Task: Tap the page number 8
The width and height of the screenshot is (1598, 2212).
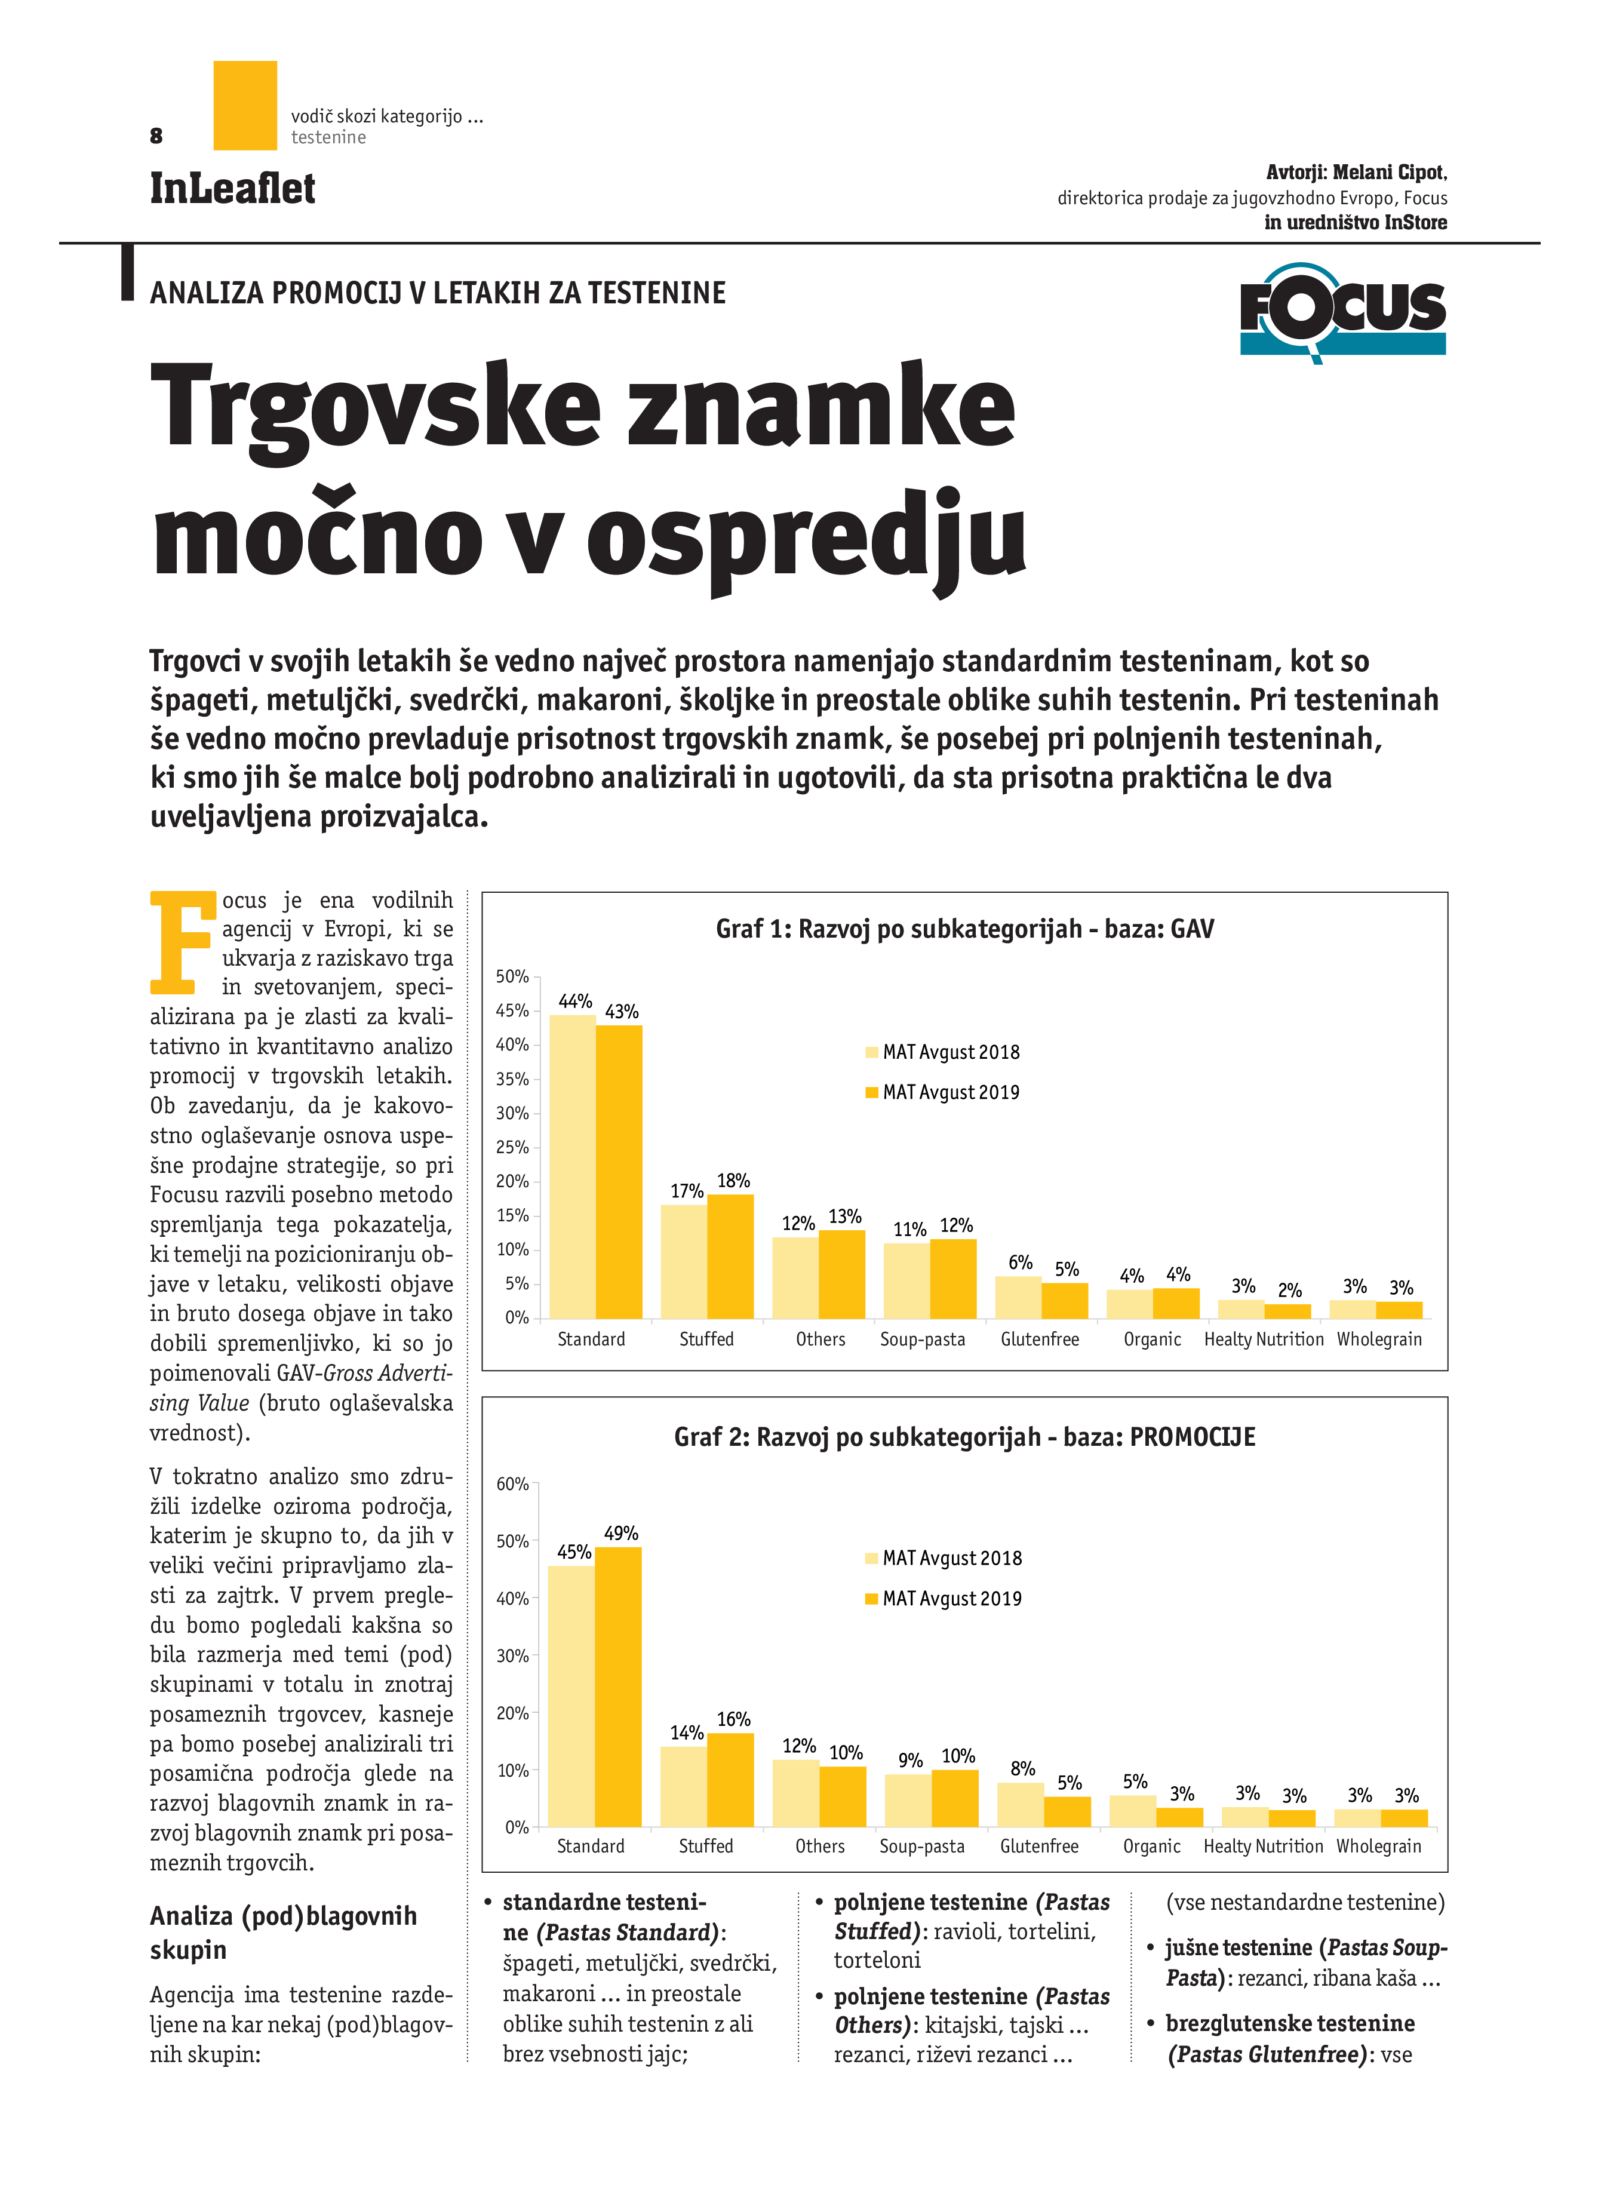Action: (x=156, y=136)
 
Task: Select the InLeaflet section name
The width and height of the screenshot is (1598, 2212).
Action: (x=232, y=188)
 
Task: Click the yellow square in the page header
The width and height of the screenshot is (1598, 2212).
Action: (x=245, y=105)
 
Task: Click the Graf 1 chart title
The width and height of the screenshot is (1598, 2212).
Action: (x=964, y=929)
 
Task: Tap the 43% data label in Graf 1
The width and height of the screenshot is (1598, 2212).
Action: (x=621, y=1012)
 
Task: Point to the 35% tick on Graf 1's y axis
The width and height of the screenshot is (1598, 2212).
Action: (x=512, y=1079)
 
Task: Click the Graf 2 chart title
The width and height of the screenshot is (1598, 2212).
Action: (x=964, y=1437)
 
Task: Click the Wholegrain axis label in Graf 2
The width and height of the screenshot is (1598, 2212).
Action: (x=1379, y=1847)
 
